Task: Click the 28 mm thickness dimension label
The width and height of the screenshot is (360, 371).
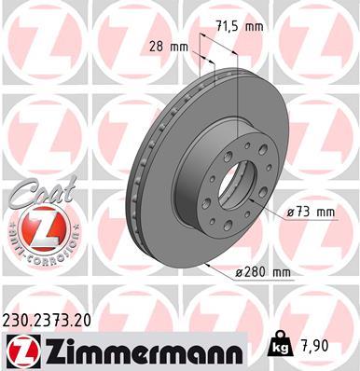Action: pyautogui.click(x=168, y=47)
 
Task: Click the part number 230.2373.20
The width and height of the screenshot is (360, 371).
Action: pyautogui.click(x=56, y=318)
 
